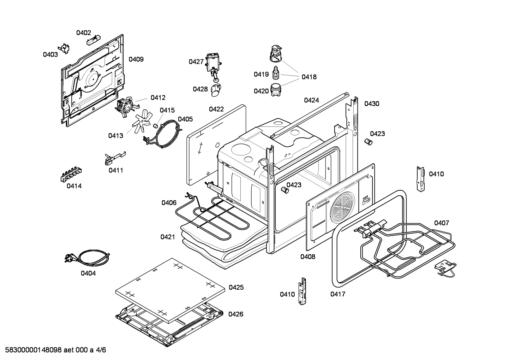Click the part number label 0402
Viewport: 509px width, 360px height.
click(x=83, y=33)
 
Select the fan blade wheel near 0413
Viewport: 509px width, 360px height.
click(x=141, y=121)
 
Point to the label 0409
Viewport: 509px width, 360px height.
click(x=136, y=59)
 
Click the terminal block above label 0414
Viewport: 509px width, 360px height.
click(x=71, y=175)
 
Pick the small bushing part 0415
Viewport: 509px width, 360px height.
click(x=155, y=126)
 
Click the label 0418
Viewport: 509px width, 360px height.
click(x=309, y=77)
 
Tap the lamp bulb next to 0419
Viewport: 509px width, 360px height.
click(x=276, y=73)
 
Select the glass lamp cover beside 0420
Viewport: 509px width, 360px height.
click(x=275, y=90)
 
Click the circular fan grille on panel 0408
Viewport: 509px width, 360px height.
click(x=342, y=207)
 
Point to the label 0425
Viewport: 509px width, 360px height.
click(x=236, y=288)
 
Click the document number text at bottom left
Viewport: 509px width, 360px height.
click(x=55, y=350)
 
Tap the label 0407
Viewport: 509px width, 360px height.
click(x=442, y=223)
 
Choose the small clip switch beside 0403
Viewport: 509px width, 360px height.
click(x=64, y=48)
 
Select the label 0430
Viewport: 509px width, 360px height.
click(x=372, y=104)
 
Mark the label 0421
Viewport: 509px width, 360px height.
click(x=168, y=237)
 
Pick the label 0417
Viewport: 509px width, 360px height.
click(x=338, y=294)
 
